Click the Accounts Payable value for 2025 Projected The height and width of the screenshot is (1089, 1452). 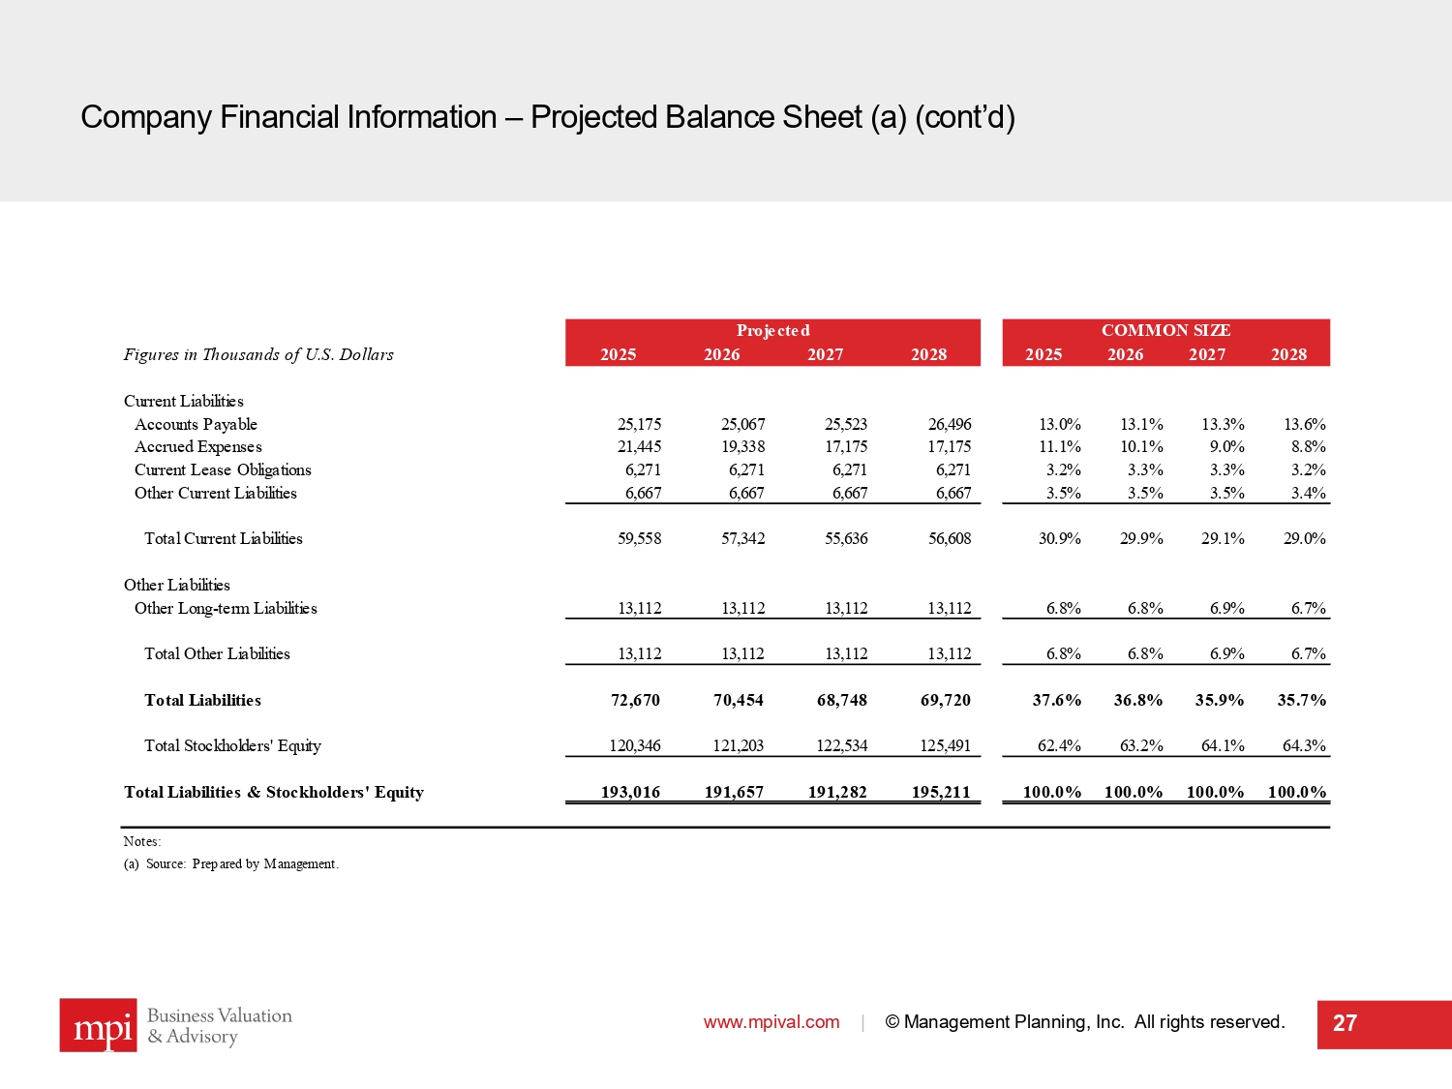639,424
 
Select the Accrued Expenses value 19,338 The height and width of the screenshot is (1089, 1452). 742,447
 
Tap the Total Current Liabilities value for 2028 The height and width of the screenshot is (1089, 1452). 949,538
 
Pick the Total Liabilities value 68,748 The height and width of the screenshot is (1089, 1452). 841,700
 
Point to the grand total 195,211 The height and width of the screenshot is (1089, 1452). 940,792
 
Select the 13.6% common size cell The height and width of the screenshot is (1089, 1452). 1304,424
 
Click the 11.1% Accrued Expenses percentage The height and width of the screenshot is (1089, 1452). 1059,447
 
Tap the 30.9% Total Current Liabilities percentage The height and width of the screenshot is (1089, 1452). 1059,538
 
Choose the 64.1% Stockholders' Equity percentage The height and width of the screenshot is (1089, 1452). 1223,745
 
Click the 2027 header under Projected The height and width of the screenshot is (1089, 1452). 825,354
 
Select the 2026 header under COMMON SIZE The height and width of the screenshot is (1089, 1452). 1125,354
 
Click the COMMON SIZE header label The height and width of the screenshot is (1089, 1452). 1165,330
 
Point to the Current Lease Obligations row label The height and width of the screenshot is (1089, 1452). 223,469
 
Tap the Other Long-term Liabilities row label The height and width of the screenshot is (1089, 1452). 226,608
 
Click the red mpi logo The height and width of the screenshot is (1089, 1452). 98,1025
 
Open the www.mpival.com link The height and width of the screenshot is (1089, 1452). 771,1022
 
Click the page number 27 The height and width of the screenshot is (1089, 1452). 1345,1024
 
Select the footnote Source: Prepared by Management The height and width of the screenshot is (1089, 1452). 241,863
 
